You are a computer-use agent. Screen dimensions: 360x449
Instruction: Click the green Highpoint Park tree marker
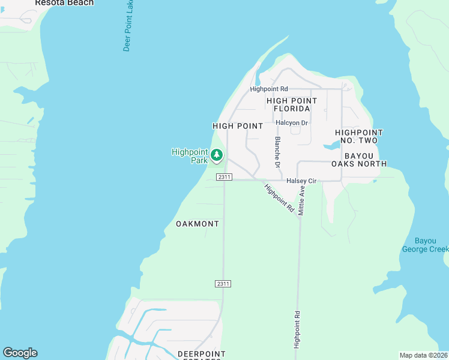[x=217, y=156]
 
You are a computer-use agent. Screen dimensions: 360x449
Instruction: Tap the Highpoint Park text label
[x=190, y=156]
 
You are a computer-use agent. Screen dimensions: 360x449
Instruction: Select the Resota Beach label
[x=64, y=3]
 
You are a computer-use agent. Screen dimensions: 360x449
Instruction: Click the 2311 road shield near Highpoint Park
[x=224, y=177]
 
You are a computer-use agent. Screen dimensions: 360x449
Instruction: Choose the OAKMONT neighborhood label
[x=197, y=224]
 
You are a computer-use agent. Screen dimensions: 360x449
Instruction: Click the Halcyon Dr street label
[x=292, y=123]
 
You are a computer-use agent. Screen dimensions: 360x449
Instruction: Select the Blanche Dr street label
[x=277, y=152]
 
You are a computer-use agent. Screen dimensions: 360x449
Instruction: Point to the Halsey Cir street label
[x=301, y=181]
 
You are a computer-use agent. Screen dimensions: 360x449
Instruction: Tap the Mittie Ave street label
[x=303, y=200]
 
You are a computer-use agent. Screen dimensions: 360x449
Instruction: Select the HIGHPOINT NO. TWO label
[x=359, y=136]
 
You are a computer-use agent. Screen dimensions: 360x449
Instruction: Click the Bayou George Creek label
[x=425, y=245]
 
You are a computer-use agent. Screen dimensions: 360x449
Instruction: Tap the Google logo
[x=20, y=353]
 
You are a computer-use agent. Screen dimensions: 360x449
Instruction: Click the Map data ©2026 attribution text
[x=424, y=355]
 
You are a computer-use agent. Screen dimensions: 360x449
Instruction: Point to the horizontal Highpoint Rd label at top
[x=269, y=89]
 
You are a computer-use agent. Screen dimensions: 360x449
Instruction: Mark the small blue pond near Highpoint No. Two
[x=331, y=146]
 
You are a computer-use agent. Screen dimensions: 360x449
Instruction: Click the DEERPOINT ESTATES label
[x=200, y=355]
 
